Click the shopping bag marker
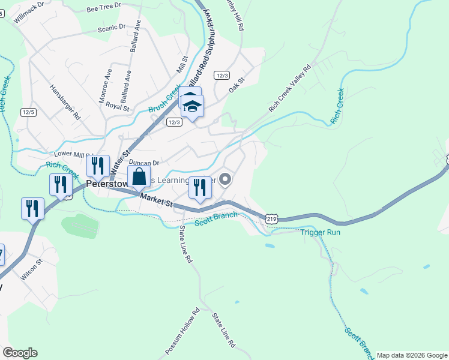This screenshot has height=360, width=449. coord(139,178)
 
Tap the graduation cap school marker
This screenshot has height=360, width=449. coord(193,107)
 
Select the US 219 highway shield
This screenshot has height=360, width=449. coord(272,220)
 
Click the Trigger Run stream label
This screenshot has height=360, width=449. coord(320,232)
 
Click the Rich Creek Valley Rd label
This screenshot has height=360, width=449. coord(291,88)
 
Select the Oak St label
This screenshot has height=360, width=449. coord(238,85)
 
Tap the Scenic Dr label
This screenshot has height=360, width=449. coord(112,27)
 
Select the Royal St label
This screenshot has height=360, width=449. coord(117,106)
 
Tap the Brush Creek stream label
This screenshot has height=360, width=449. coord(164,100)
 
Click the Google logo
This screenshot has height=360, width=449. coord(20,353)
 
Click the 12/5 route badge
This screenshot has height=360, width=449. coord(28,112)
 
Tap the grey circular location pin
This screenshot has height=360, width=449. coord(226,179)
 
